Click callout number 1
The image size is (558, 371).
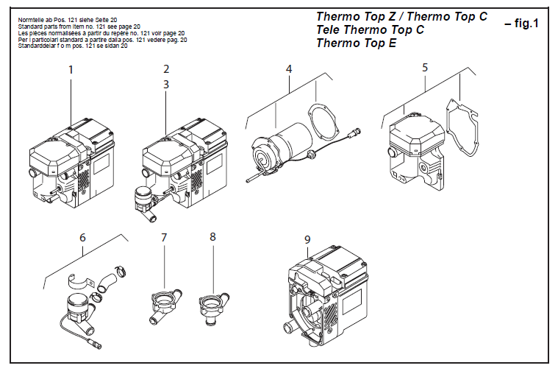[71, 70]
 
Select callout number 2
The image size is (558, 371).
[166, 69]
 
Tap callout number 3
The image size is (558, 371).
[166, 84]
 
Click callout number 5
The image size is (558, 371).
[425, 68]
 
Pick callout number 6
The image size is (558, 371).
[82, 237]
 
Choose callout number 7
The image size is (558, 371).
[164, 237]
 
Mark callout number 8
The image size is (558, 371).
[212, 237]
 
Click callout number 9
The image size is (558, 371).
[307, 239]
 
